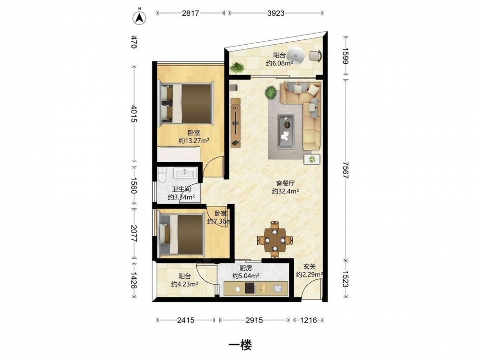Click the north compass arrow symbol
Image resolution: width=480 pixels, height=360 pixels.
(x=139, y=17)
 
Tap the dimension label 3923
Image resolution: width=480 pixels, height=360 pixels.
(x=276, y=13)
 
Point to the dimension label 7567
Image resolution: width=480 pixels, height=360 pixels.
(x=346, y=170)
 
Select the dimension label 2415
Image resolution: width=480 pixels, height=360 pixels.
(x=185, y=320)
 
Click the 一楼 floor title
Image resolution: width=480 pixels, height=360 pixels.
(x=240, y=346)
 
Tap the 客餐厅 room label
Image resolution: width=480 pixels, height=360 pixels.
(x=285, y=184)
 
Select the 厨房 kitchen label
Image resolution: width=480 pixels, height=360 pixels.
(x=246, y=268)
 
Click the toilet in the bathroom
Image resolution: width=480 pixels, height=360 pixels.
(x=162, y=175)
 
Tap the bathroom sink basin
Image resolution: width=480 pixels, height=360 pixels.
(x=184, y=173)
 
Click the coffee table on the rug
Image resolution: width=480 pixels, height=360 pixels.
(x=286, y=132)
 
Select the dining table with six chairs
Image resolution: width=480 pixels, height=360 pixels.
(x=275, y=240)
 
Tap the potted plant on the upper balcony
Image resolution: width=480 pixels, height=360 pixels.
(x=237, y=67)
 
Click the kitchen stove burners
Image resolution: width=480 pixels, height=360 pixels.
(x=250, y=288)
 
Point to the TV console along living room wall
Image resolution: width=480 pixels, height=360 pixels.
(x=235, y=122)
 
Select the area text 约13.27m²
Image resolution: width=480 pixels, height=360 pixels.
(x=194, y=141)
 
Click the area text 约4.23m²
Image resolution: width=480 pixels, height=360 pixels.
(x=185, y=284)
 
